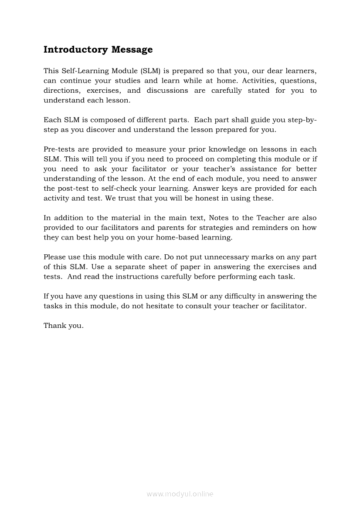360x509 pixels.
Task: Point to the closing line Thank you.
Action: pos(64,326)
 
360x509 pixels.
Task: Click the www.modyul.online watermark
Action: pos(180,494)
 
